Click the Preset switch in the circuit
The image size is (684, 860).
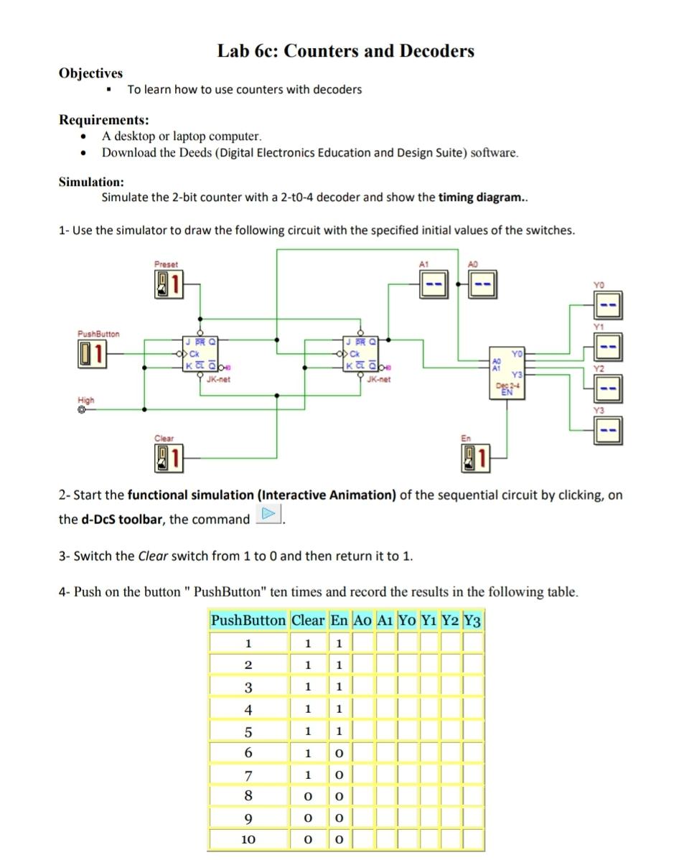(x=169, y=284)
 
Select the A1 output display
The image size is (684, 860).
(x=433, y=286)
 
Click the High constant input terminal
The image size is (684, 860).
(x=82, y=411)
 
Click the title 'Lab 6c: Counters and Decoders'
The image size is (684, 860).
(x=346, y=51)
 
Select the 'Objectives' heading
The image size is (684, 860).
(x=90, y=73)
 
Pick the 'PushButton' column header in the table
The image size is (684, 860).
(x=248, y=620)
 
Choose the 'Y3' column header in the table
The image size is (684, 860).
(x=473, y=620)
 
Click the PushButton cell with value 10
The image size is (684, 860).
(x=248, y=838)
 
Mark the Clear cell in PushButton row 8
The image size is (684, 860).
(x=309, y=797)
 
